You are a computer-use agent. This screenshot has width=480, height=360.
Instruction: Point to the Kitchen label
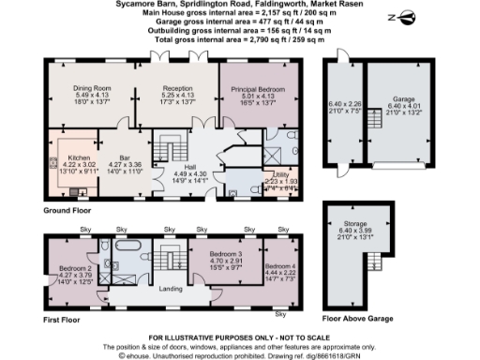(79, 157)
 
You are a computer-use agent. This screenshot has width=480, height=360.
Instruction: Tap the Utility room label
(280, 175)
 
